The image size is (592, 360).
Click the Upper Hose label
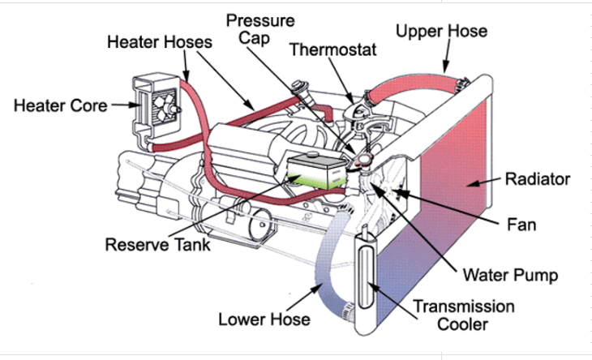(x=441, y=32)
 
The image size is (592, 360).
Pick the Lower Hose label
(x=264, y=319)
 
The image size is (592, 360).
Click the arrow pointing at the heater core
(x=122, y=105)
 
